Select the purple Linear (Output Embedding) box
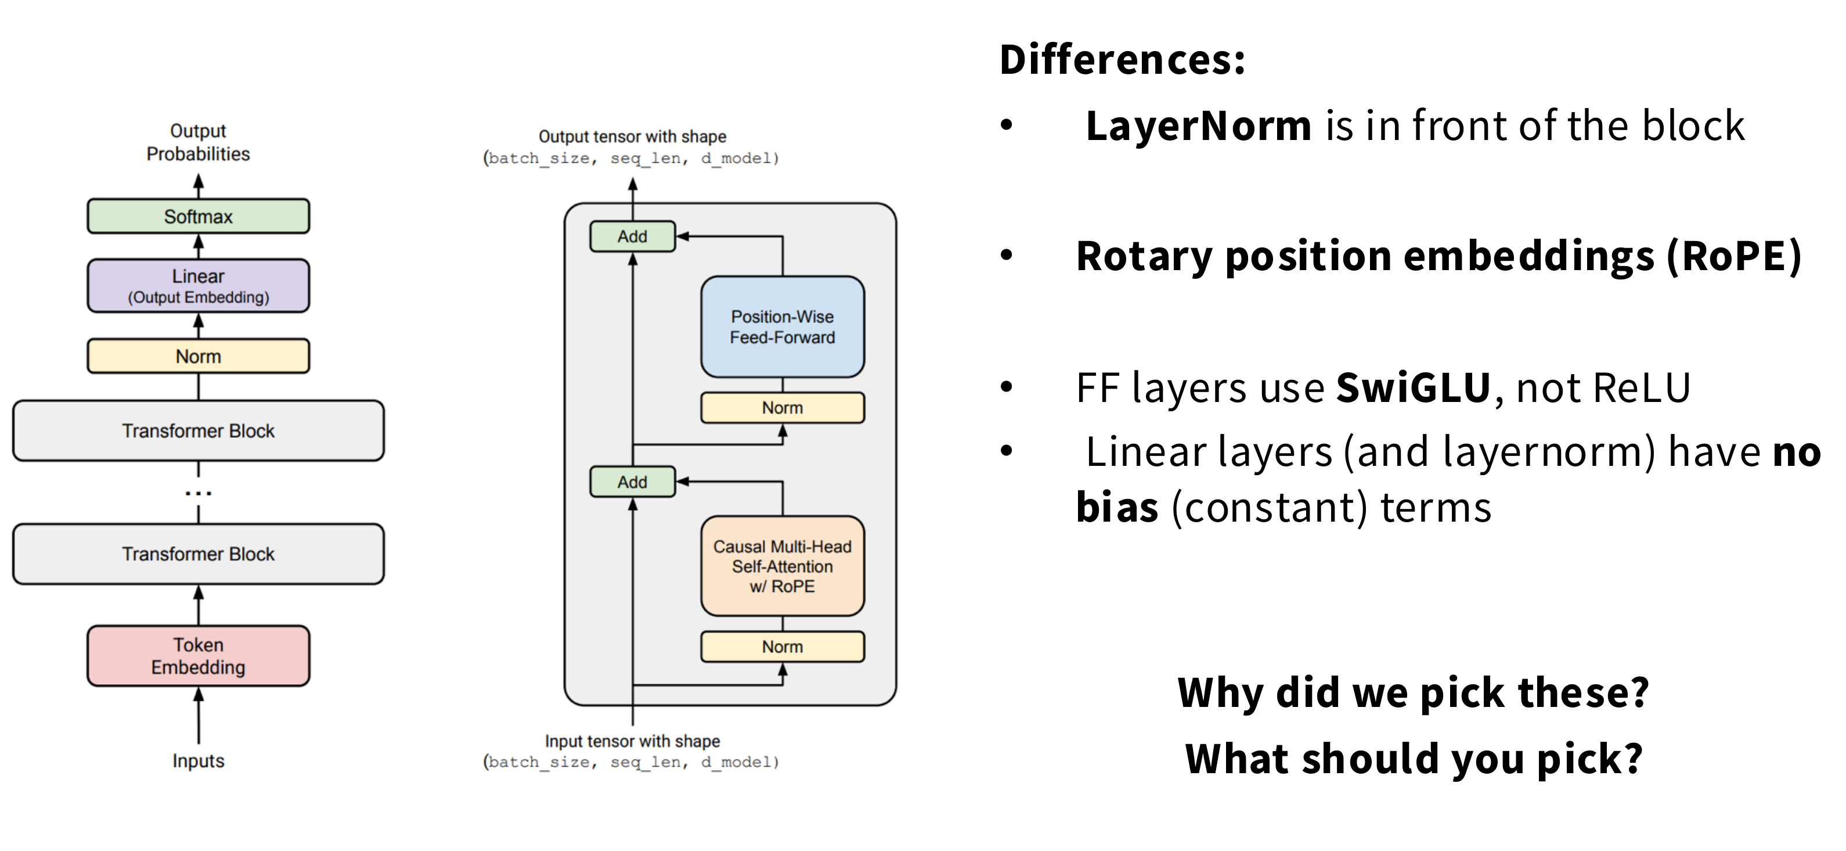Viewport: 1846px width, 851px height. [x=199, y=285]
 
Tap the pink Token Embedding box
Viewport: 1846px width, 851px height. [x=199, y=656]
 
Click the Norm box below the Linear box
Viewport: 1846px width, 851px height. [x=199, y=356]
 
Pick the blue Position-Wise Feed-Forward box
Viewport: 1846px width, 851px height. [x=783, y=327]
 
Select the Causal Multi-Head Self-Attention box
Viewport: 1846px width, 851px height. [x=783, y=566]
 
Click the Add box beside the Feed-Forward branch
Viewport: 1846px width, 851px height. [x=632, y=236]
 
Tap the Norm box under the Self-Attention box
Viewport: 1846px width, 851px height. [x=783, y=647]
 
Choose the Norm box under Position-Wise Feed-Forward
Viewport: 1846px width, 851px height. [x=783, y=408]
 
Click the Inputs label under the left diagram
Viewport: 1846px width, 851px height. [x=199, y=760]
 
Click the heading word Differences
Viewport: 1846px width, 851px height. [x=1122, y=59]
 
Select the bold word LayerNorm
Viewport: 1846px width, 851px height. [x=1198, y=126]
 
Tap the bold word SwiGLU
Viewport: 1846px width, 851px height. [x=1413, y=388]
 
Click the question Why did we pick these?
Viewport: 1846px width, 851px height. [x=1413, y=693]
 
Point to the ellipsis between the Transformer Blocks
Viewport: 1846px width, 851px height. [x=199, y=493]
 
